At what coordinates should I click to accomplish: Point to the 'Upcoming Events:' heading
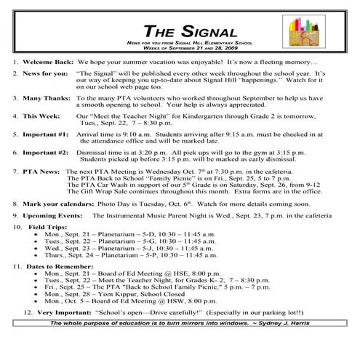click(52, 216)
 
